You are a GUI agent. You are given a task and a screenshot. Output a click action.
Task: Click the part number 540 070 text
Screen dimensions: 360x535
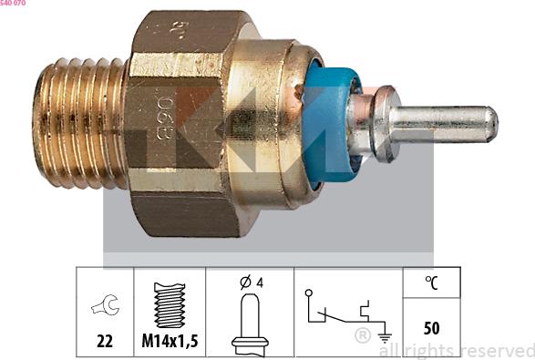[x=13, y=4]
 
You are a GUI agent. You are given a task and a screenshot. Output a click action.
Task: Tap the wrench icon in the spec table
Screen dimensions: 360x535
[x=105, y=307]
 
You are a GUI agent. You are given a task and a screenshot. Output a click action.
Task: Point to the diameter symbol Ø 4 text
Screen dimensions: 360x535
[x=251, y=283]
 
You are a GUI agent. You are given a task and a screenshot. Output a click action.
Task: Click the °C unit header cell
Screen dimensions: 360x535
[x=432, y=283]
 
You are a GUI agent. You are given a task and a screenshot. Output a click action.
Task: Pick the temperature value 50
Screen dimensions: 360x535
[x=432, y=327]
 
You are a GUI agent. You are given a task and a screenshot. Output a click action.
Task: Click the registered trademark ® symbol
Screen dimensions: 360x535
[x=362, y=336]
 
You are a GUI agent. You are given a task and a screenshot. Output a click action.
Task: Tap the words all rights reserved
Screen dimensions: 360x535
[x=456, y=350]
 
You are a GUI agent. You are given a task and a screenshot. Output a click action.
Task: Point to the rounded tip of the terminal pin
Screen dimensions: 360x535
[x=489, y=124]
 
